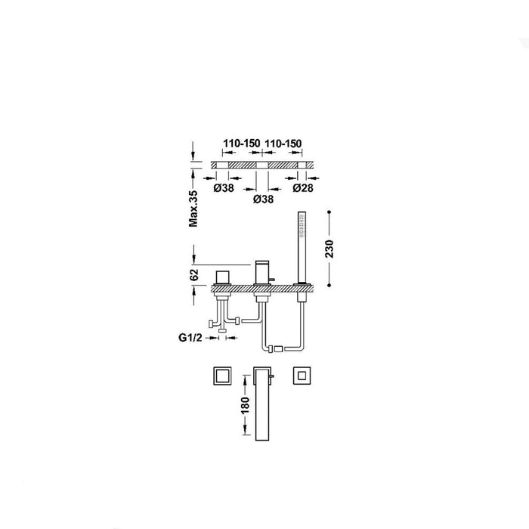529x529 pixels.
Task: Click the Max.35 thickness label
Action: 193,209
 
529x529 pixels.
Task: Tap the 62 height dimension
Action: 194,275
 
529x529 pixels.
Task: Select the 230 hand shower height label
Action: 329,249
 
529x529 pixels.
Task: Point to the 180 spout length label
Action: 246,406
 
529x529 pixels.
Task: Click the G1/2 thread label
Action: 190,337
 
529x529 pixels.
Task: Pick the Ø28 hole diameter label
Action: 303,188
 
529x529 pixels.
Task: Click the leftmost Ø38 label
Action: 224,188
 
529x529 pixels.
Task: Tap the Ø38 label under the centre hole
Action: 263,200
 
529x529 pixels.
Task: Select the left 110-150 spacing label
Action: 242,144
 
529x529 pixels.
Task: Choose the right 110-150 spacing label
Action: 283,144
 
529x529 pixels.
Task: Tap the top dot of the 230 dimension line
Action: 329,212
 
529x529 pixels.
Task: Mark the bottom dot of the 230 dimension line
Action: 329,286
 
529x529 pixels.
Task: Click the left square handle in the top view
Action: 222,376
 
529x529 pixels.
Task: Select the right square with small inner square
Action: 302,376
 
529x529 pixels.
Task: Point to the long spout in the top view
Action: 262,404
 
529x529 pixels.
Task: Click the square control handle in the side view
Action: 222,277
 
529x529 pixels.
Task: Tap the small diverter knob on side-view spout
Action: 272,280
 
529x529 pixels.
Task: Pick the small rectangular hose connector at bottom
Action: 277,349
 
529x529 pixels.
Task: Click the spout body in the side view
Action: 262,273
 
